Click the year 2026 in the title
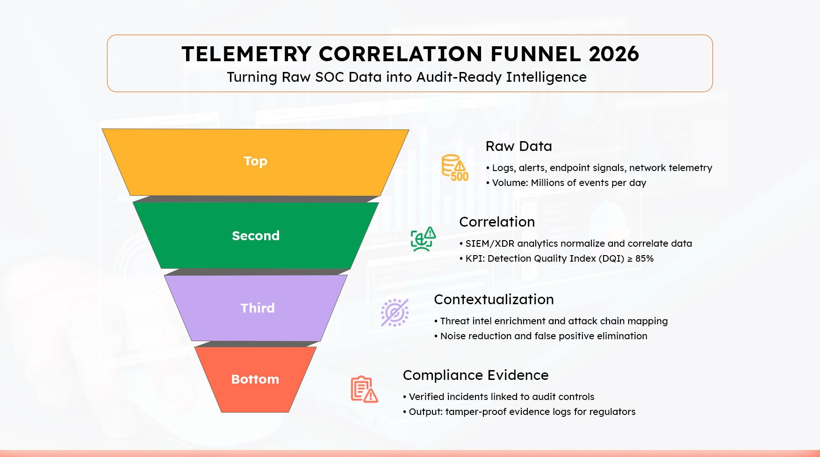coord(614,54)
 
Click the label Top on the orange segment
coord(256,161)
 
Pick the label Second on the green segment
coord(256,236)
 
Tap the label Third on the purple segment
coord(258,308)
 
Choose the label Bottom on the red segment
coord(255,379)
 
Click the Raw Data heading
coord(519,146)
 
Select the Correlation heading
coord(497,222)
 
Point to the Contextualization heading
coord(494,300)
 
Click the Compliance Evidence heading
coord(475,375)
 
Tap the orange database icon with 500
coord(455,168)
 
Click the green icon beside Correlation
coord(423,239)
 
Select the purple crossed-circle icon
coord(395,312)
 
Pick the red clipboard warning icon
coord(364,389)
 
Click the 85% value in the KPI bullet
coord(644,258)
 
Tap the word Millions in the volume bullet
coord(547,183)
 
